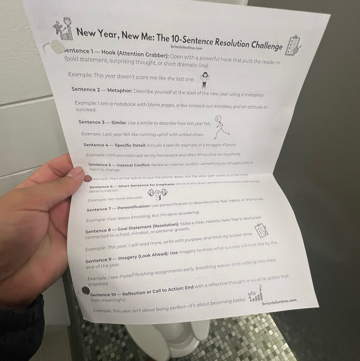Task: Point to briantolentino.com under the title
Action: [187, 47]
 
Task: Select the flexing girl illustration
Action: [204, 80]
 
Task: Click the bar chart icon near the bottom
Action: [256, 294]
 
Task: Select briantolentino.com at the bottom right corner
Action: [279, 302]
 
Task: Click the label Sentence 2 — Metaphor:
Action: [102, 90]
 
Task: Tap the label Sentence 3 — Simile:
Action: [102, 123]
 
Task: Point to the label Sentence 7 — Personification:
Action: [118, 208]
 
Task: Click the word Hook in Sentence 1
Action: [108, 53]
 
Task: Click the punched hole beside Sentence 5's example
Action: [87, 179]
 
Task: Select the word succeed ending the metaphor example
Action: [86, 110]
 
